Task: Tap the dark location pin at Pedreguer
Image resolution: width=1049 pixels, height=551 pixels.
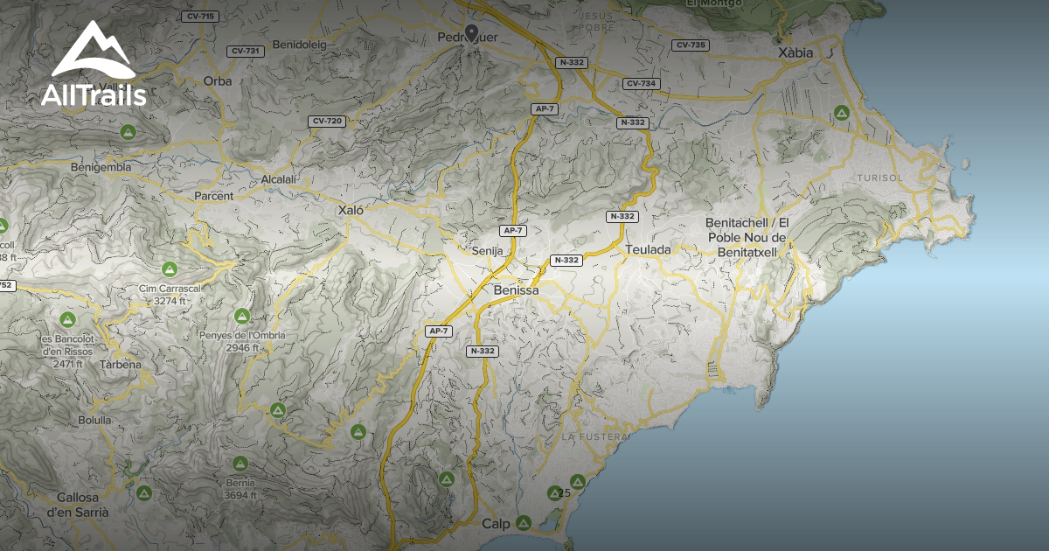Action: pos(472,33)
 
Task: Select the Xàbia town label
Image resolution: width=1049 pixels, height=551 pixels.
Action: pos(795,52)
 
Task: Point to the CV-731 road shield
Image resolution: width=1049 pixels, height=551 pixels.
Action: pos(245,51)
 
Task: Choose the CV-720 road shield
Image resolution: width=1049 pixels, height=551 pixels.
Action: pos(326,121)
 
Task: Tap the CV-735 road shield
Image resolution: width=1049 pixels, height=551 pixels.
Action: pos(691,45)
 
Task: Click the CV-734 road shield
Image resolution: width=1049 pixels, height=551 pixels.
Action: pos(641,83)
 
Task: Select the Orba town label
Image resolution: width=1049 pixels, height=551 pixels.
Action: pos(217,80)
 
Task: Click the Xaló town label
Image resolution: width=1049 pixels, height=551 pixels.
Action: pos(350,210)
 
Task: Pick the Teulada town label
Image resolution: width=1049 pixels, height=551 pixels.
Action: pos(648,249)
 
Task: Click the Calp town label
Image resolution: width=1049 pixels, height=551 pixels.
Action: pos(495,524)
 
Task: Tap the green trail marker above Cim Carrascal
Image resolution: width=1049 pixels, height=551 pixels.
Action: pos(169,269)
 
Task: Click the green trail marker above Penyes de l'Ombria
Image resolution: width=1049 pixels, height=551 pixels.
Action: pos(241,316)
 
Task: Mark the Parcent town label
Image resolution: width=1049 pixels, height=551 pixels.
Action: pos(214,196)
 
